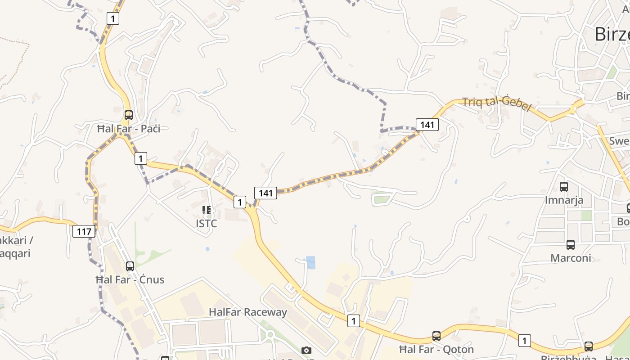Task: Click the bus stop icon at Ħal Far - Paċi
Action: coord(129,115)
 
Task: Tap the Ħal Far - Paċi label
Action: coord(129,129)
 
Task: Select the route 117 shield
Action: coord(84,232)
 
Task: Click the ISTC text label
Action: coord(207,223)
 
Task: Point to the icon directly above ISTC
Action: coord(207,210)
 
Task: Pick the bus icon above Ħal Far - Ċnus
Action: coord(130,266)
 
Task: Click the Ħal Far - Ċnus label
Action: coord(130,279)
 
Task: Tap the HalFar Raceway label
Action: coord(248,312)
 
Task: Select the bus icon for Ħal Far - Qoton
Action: coord(436,336)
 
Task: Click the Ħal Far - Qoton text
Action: coord(436,349)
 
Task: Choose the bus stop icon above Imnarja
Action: coord(564,186)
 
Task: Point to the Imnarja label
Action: coord(564,200)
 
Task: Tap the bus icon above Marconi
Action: coord(571,244)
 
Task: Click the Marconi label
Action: coord(571,258)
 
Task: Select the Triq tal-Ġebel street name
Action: coord(497,104)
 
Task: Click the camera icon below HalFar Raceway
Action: coord(306,350)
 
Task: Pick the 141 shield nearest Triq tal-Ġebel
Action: coord(427,125)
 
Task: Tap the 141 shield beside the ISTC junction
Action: coord(265,193)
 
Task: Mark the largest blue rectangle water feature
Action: coord(310,262)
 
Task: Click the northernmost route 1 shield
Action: coord(113,18)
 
